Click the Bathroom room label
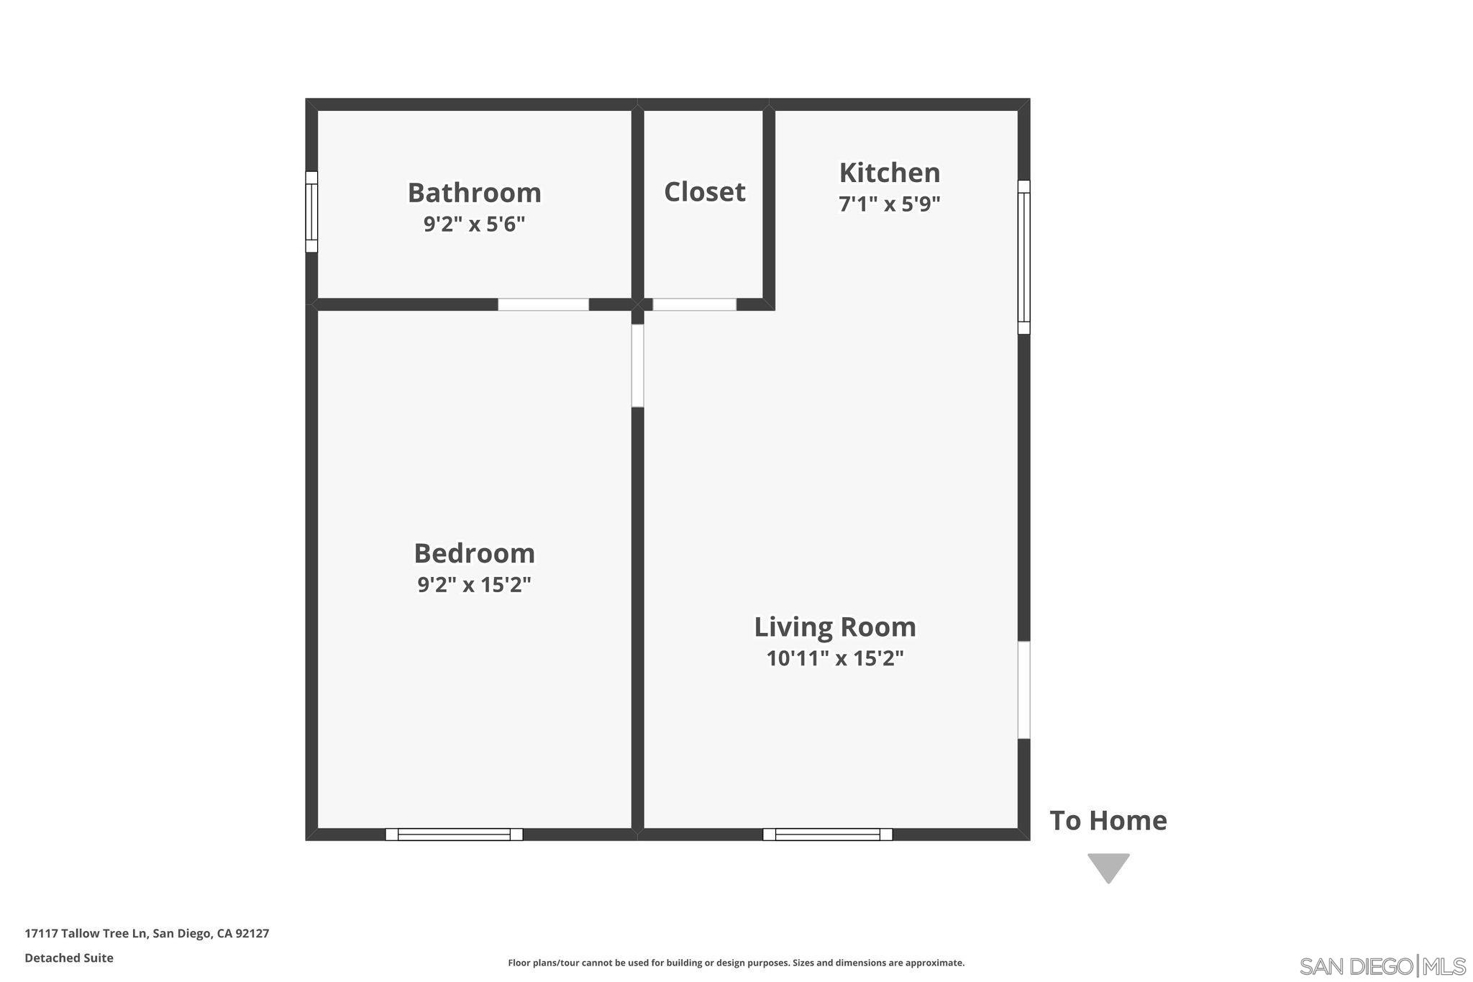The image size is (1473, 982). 474,193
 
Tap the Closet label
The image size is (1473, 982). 704,191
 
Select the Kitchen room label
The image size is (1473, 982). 890,173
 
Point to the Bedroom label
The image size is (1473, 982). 474,553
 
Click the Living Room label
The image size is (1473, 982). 835,627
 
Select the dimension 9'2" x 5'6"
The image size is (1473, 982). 474,224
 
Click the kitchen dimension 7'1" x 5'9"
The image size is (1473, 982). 890,204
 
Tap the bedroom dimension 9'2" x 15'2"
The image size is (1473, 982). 474,584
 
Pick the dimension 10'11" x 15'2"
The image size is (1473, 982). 835,658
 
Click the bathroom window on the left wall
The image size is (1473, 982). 311,212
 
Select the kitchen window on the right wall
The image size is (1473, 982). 1024,257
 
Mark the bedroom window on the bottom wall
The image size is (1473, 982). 454,835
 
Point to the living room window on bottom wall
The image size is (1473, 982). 828,835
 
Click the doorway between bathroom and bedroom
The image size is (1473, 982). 543,304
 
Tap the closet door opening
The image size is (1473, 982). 694,304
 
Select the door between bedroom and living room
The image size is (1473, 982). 637,365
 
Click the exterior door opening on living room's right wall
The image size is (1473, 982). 1024,690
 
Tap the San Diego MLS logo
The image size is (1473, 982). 1382,965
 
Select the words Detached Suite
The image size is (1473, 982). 69,958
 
